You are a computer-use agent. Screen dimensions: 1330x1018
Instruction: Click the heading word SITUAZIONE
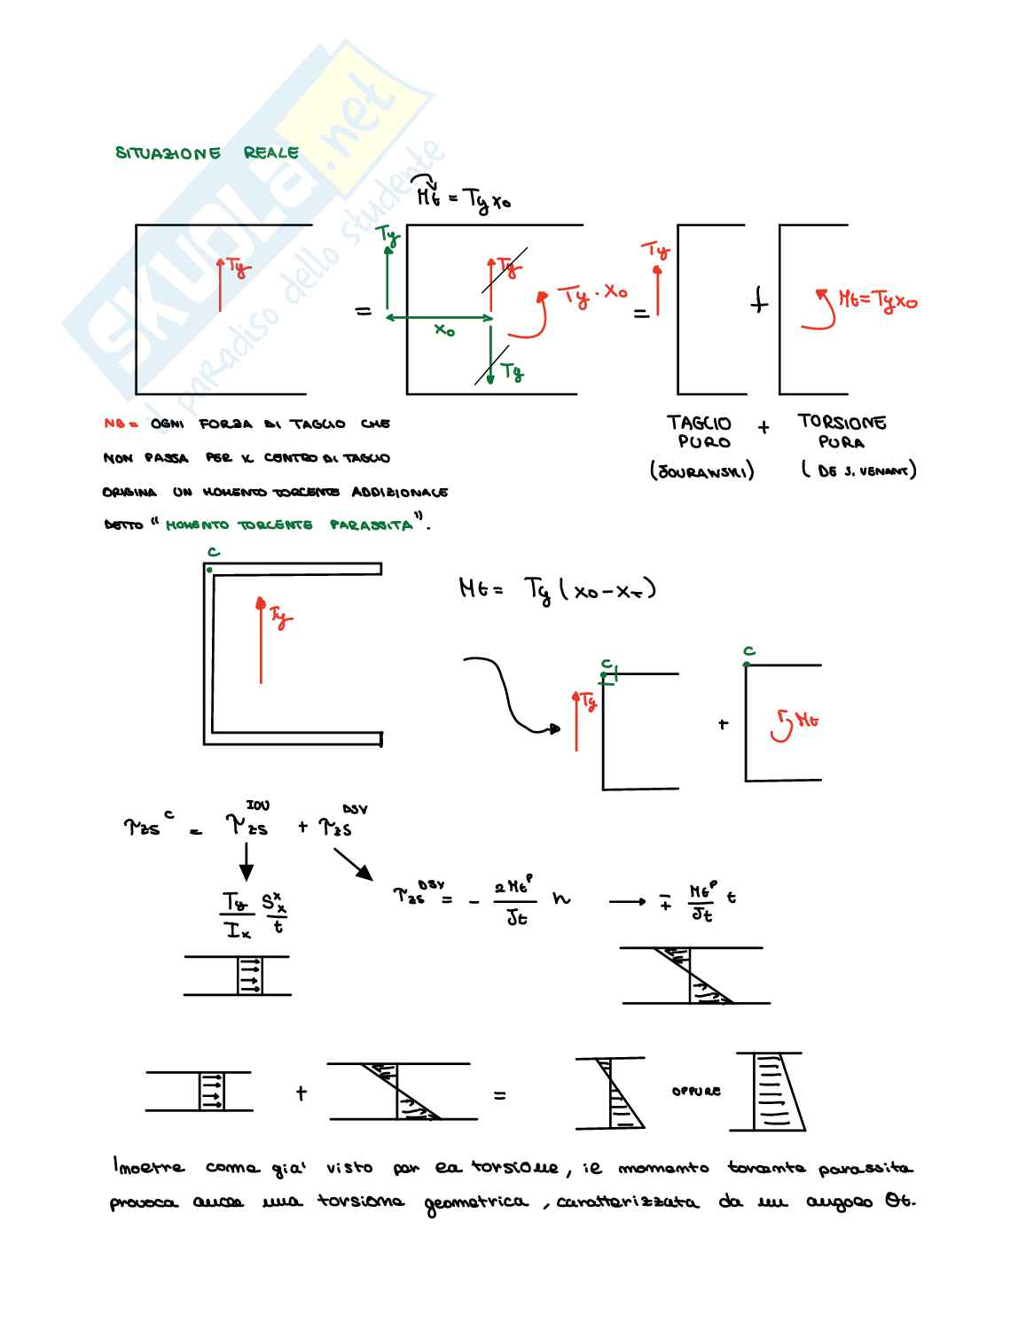coord(168,153)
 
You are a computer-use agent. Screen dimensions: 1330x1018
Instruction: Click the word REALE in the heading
coord(270,152)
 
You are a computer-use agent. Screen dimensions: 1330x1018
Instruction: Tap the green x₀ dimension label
coord(444,331)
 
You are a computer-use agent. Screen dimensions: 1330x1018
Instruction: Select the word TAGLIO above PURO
coord(700,423)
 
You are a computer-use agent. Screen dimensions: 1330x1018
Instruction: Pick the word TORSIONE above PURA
coord(842,422)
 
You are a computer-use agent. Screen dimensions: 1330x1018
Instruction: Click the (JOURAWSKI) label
coord(702,471)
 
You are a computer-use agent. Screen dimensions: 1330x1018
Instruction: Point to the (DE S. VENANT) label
coord(858,471)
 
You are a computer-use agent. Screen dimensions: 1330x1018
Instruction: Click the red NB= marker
coord(121,424)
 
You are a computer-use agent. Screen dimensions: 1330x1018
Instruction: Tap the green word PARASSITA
coord(372,525)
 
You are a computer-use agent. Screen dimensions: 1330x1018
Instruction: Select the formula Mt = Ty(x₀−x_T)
coord(557,588)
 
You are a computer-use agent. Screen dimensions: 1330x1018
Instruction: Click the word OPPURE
coord(696,1092)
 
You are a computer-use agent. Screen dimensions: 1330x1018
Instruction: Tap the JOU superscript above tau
coord(257,805)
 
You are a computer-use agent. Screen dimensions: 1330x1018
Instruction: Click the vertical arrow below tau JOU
coord(247,859)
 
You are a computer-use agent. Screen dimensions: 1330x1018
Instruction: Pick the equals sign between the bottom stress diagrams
coord(500,1096)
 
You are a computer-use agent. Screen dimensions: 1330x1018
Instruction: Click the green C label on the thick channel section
coord(213,552)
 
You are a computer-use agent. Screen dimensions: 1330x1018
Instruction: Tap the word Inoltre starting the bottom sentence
coord(148,1167)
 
